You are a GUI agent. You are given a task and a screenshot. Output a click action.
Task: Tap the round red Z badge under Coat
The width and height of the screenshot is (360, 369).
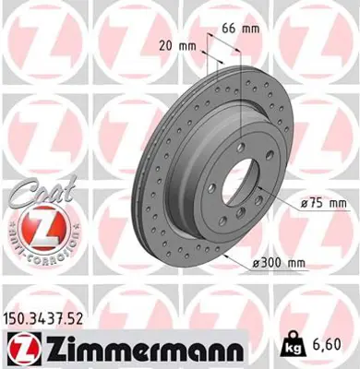tap(39, 227)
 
